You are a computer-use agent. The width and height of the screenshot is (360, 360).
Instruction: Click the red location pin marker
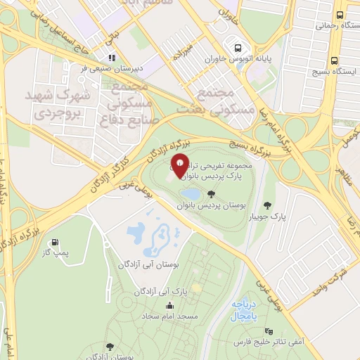(x=180, y=166)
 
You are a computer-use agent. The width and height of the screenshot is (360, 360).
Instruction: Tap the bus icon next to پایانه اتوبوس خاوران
(x=238, y=49)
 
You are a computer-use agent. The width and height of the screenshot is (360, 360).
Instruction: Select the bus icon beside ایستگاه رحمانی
(x=340, y=14)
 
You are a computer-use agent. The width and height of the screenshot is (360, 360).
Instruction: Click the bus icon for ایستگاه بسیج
(x=335, y=60)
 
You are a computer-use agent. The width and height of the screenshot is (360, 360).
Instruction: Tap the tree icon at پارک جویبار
(x=268, y=205)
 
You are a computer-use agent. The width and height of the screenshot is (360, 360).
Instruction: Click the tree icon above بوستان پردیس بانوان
(x=212, y=194)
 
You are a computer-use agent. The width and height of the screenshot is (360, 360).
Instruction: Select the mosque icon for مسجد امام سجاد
(x=169, y=306)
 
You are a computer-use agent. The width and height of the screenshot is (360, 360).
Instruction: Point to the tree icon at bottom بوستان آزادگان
(x=109, y=346)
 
